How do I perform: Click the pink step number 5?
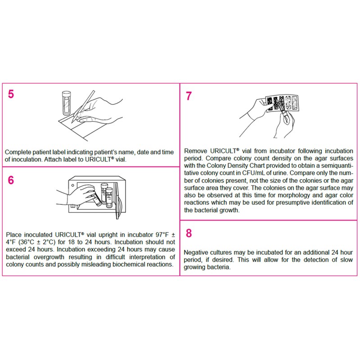(11, 96)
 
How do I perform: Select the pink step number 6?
(11, 180)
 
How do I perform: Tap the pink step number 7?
(189, 96)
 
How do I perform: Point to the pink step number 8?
(189, 233)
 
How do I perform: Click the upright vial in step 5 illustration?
(65, 103)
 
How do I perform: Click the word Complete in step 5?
(19, 153)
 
